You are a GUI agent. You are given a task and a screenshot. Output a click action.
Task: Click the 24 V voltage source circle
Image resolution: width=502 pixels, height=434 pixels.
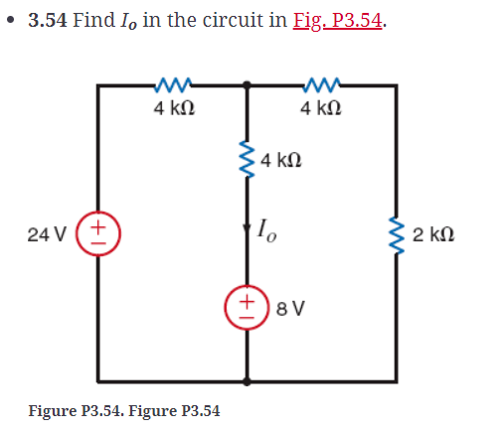pos(98,234)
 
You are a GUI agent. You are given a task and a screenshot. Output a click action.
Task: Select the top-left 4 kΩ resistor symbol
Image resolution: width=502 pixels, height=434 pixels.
pos(173,85)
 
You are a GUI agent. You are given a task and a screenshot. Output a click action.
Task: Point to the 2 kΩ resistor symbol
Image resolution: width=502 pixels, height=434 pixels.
pos(397,234)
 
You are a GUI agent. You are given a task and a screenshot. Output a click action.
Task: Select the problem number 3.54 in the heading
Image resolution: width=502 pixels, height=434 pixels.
pos(48,21)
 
